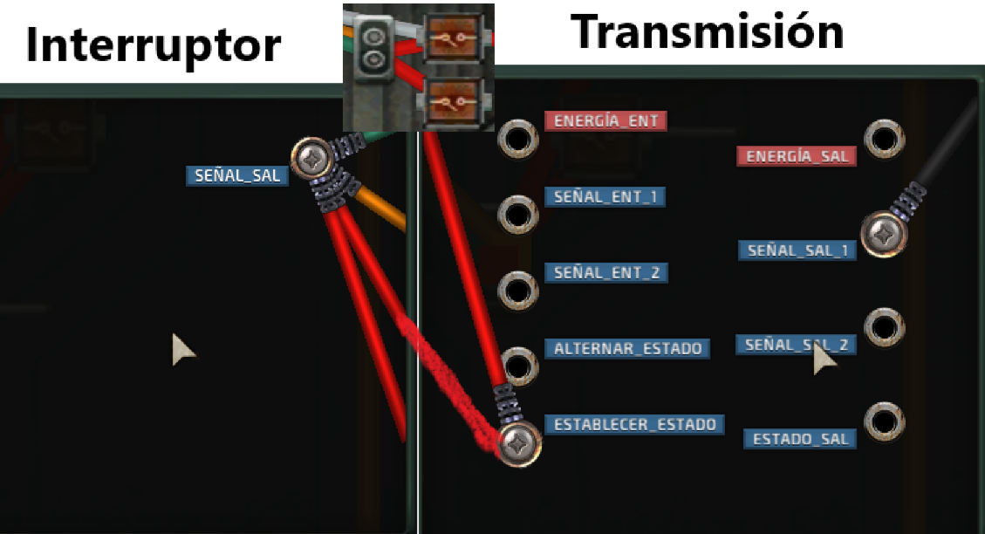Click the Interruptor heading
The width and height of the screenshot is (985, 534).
click(x=154, y=44)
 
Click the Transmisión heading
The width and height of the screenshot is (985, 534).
click(x=708, y=32)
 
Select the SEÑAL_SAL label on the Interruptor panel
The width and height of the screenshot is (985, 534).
click(x=237, y=175)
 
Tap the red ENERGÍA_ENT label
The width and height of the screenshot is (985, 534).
click(x=605, y=121)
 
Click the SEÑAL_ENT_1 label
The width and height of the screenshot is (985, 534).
click(x=605, y=197)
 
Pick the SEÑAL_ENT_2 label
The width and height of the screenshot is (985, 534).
click(x=606, y=273)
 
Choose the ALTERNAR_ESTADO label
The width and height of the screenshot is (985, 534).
click(x=627, y=349)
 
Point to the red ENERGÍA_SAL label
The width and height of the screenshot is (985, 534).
click(x=797, y=156)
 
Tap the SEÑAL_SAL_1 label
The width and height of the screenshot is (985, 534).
click(x=797, y=250)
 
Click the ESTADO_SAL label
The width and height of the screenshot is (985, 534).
click(x=800, y=439)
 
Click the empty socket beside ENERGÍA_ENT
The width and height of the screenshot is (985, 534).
click(x=517, y=138)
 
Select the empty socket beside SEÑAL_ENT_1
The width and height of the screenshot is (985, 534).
click(x=517, y=213)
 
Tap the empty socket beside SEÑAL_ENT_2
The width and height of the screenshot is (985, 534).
click(x=517, y=290)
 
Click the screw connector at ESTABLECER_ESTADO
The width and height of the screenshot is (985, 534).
click(x=519, y=443)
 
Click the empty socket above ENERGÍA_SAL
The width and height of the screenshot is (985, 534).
click(x=884, y=138)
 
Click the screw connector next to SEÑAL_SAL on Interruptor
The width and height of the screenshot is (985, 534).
click(x=311, y=158)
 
